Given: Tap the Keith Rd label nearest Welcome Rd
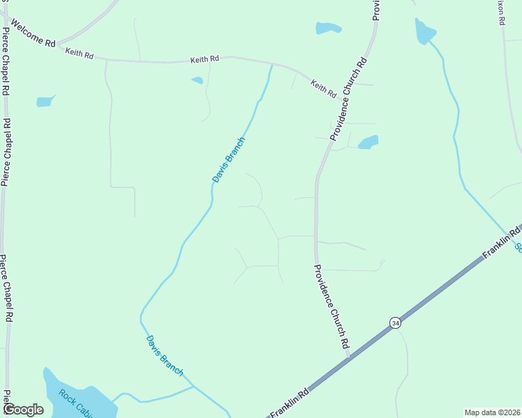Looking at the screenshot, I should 79,54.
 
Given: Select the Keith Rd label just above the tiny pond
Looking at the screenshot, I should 205,61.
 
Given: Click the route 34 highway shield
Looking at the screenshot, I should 396,323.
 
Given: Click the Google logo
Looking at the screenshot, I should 23,410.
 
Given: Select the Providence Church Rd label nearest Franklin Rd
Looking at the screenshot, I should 331,306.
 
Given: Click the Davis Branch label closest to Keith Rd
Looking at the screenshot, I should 228,160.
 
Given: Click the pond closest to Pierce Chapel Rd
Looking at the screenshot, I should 45,102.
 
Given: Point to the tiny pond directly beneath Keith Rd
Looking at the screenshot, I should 197,80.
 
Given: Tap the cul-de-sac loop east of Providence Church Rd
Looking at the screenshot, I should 382,263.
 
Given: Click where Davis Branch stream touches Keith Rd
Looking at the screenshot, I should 271,65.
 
